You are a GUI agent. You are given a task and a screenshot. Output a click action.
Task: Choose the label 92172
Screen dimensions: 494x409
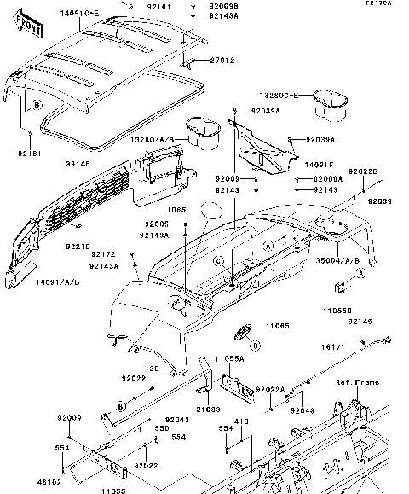104,254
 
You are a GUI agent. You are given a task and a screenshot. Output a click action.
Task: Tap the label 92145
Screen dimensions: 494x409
360,321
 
